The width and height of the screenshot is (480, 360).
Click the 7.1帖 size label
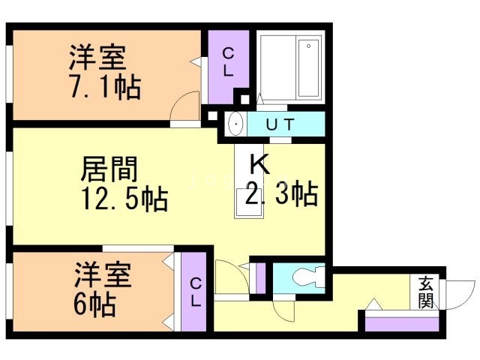105,88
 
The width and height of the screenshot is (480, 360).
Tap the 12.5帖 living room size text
124,199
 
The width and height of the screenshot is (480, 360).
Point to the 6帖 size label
94,304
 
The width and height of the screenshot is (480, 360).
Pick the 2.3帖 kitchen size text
281,194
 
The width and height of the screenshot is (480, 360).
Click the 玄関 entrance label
426,292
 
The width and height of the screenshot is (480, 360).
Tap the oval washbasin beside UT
234,124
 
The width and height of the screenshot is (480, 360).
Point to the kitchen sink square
248,202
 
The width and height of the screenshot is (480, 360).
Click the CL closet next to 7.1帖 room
228,63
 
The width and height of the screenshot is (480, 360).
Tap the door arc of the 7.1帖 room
184,105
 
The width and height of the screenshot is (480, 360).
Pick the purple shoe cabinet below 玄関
400,323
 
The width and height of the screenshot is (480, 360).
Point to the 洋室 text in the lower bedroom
102,275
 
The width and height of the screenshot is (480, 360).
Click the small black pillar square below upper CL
241,97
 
